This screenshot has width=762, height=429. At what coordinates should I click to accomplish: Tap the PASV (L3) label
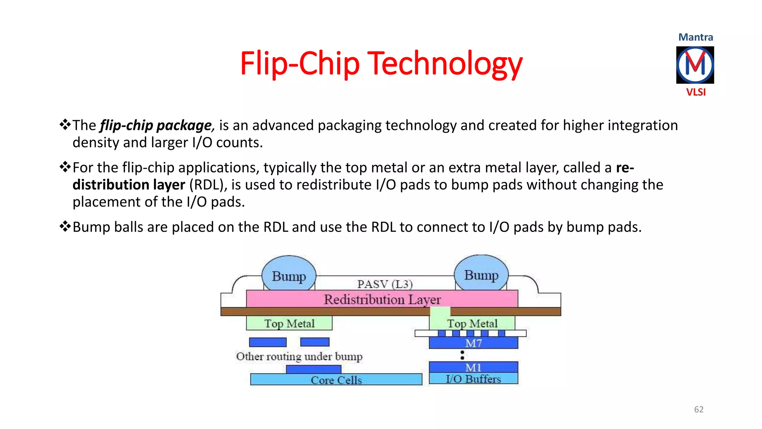tap(385, 284)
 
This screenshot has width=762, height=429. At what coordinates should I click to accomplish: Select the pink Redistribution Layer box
tap(382, 299)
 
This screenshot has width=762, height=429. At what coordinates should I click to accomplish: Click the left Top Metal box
tap(289, 323)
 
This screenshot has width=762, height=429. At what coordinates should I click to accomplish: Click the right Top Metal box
tap(472, 323)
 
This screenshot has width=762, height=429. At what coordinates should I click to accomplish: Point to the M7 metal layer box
tap(473, 343)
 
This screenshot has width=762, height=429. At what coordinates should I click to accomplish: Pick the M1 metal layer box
tap(473, 367)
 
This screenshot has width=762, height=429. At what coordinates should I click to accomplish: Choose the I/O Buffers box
tap(473, 378)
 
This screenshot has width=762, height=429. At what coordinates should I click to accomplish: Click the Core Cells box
tap(336, 379)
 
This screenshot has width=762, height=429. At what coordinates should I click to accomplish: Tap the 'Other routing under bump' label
tap(299, 356)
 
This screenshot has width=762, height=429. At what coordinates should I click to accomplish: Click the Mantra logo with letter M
tap(695, 65)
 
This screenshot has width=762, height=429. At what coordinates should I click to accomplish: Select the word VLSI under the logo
tap(696, 92)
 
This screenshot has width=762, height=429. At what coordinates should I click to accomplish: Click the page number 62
tap(699, 409)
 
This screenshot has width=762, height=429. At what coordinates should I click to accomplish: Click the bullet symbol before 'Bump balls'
tap(65, 226)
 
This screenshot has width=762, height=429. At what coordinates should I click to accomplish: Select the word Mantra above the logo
tap(696, 37)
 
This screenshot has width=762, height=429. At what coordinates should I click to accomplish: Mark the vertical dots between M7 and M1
tap(462, 355)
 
